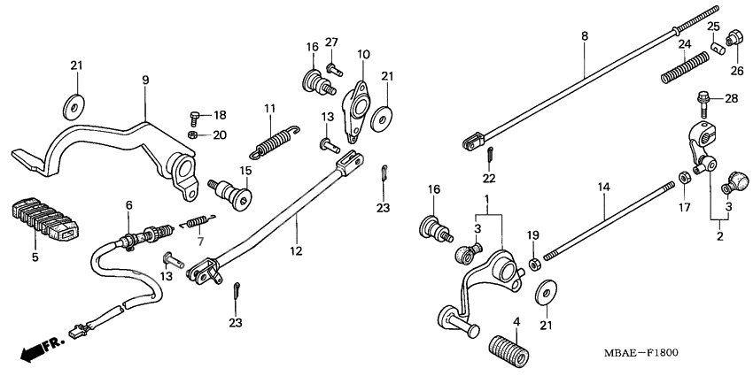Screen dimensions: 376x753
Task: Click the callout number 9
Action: pos(145,81)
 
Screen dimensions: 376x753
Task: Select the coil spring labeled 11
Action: pos(276,139)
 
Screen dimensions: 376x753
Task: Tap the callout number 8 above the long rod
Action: pos(584,36)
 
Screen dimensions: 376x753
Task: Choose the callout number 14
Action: pos(603,188)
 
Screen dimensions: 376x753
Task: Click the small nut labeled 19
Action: pos(534,264)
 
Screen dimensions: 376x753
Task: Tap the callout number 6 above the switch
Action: pos(129,205)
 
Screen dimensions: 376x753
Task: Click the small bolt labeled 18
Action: pos(196,116)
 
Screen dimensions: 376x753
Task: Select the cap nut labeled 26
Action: pos(734,38)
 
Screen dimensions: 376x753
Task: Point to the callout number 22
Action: pos(489,179)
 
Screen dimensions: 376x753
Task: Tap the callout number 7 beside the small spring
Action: pos(199,242)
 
